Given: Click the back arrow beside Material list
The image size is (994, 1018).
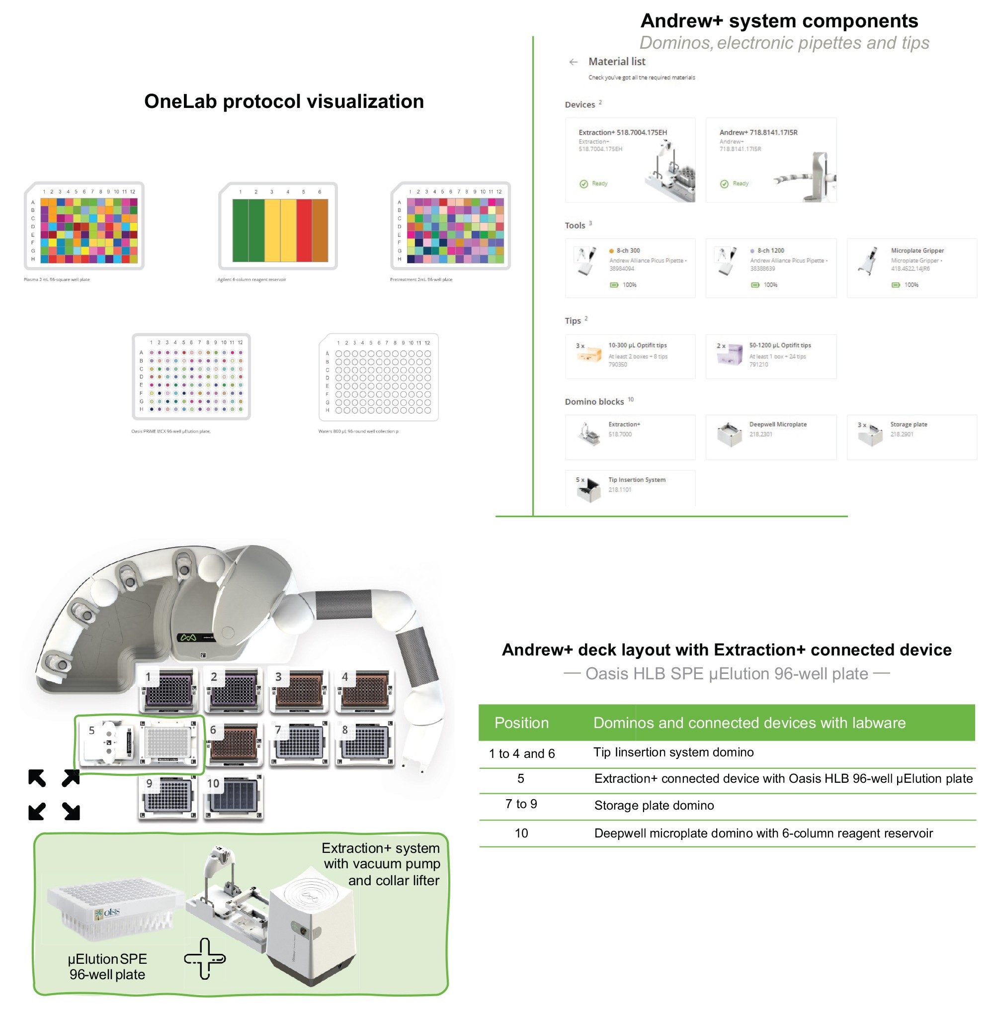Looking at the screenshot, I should [573, 62].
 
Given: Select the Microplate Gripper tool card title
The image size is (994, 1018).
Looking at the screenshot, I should [917, 251].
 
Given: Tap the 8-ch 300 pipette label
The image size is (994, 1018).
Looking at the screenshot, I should [628, 251].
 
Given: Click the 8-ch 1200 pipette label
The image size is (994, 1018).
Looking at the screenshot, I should [770, 251].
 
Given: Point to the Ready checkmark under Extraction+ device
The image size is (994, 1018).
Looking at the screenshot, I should [583, 184].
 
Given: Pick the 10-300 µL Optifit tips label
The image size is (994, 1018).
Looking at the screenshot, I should [637, 345].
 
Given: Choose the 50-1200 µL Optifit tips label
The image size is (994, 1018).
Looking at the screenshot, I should [779, 345].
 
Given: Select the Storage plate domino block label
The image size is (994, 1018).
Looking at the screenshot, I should [909, 424].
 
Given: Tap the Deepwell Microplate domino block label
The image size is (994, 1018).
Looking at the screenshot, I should [777, 424].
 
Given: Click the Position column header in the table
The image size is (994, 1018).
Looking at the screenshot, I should [521, 723].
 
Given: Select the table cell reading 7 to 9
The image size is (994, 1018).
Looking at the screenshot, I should [520, 804].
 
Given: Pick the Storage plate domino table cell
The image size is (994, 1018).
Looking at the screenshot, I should [654, 806].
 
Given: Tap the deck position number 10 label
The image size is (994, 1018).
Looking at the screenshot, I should [213, 783].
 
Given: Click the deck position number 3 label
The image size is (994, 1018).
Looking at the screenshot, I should [278, 677].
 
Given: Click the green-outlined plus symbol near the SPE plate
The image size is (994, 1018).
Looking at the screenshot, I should [205, 958].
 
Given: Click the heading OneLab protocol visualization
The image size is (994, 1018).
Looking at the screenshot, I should [283, 101].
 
